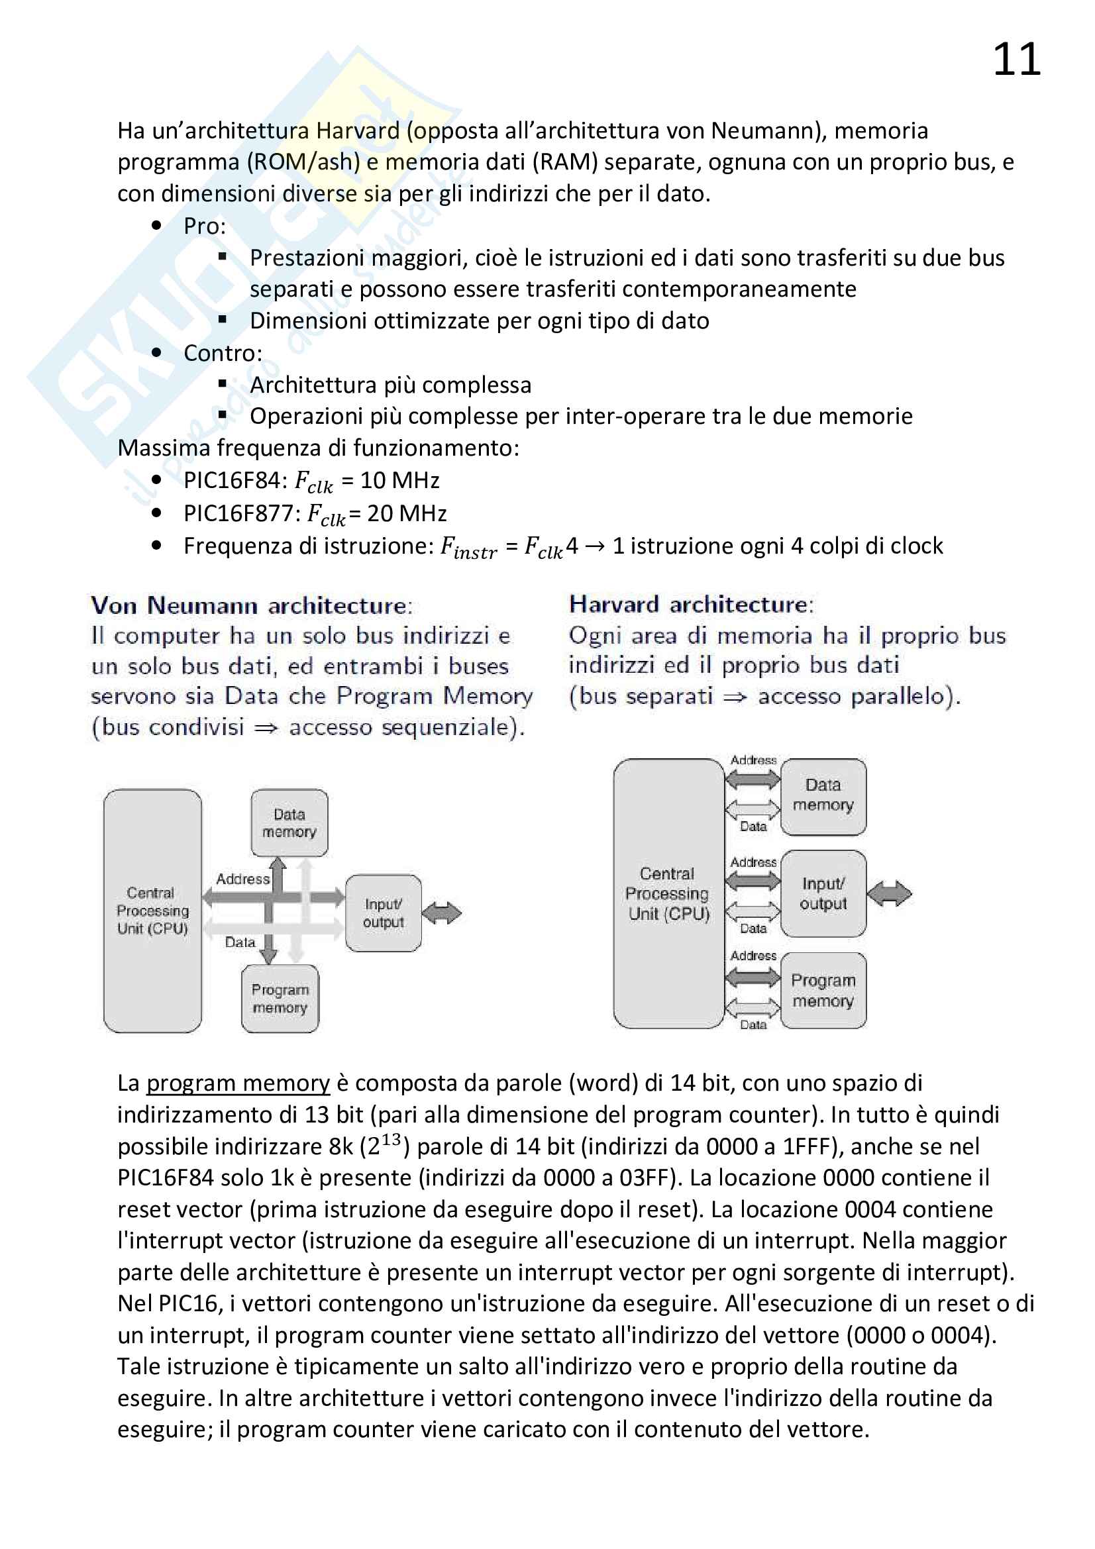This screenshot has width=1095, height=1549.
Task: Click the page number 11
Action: [1016, 60]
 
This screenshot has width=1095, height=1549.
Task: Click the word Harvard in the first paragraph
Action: [358, 130]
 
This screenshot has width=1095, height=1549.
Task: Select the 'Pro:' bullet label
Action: [205, 226]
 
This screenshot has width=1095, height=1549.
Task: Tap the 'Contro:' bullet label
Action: [223, 353]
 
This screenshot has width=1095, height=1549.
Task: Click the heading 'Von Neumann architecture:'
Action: [252, 605]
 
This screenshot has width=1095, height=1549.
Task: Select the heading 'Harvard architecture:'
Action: [692, 604]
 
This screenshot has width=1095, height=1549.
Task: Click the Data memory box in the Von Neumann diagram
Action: [289, 823]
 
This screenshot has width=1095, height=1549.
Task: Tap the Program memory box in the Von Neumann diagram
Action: [280, 998]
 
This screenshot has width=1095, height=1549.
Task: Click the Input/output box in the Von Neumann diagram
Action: [383, 913]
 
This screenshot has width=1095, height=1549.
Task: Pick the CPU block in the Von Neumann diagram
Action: [152, 910]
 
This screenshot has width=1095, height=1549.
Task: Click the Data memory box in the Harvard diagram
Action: [823, 796]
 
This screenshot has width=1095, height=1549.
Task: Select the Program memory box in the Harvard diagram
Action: [823, 989]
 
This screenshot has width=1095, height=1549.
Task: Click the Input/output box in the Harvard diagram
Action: [823, 893]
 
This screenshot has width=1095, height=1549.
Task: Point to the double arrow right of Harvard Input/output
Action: [889, 894]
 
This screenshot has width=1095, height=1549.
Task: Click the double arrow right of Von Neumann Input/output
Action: [442, 913]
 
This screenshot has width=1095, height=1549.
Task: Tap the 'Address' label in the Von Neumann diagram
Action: [243, 879]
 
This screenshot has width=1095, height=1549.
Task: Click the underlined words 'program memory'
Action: [238, 1083]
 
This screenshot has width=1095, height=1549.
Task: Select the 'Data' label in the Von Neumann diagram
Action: [240, 942]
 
